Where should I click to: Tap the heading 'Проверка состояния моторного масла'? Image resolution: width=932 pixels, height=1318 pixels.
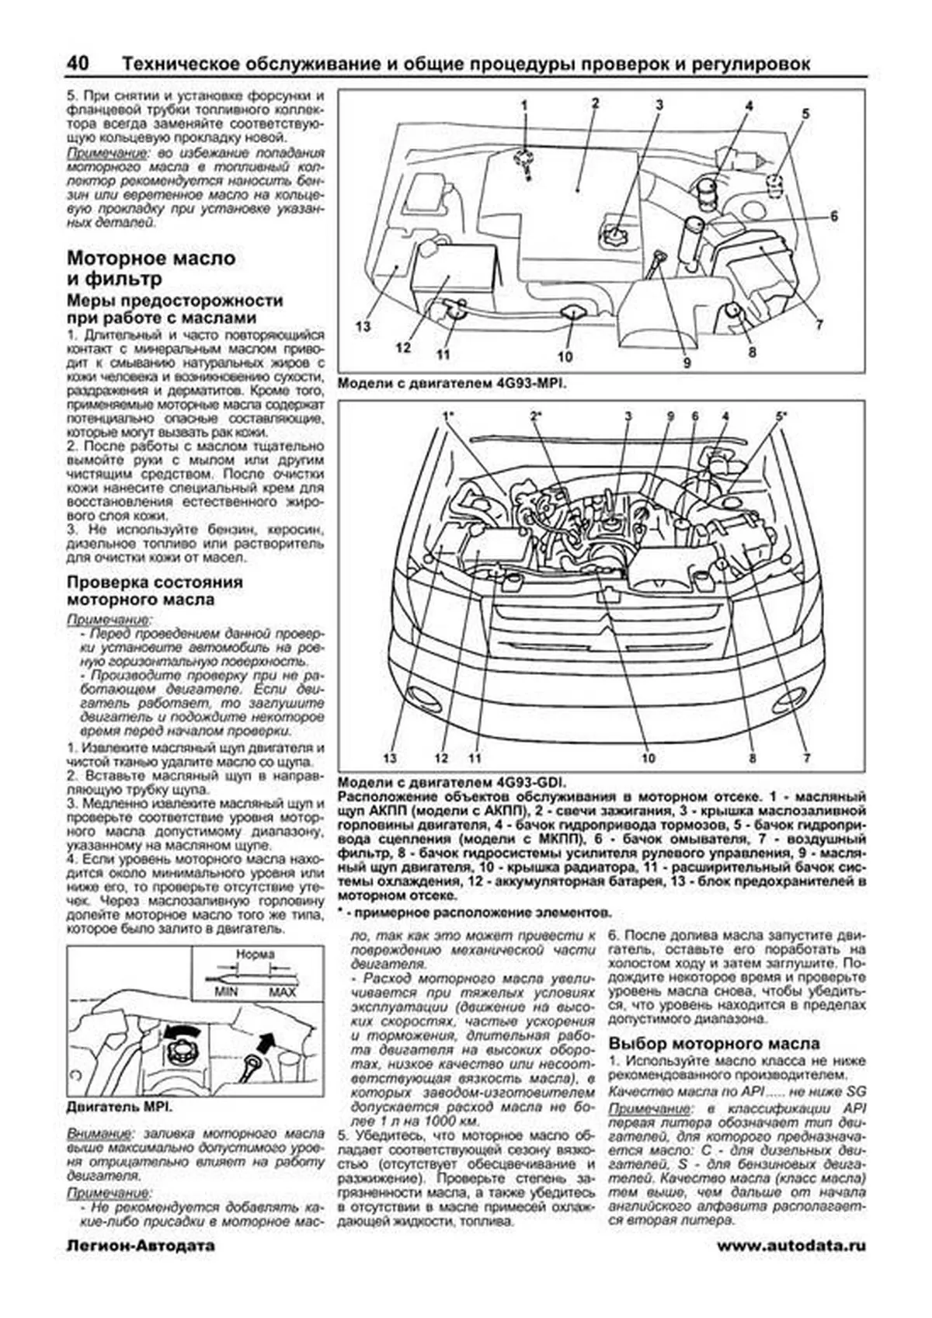point(154,591)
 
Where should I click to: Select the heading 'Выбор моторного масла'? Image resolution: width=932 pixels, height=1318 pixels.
point(714,1043)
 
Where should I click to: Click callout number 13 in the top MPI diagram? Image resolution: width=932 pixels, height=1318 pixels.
point(363,326)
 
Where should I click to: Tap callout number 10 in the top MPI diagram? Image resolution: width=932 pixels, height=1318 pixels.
point(565,356)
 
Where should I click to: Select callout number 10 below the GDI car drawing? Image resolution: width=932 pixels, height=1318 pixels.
point(648,758)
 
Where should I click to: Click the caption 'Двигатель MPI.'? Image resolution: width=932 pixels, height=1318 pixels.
point(120,1107)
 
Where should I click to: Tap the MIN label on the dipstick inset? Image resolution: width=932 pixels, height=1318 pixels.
point(226,993)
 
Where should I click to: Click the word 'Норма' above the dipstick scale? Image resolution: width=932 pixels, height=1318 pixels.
point(254,955)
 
